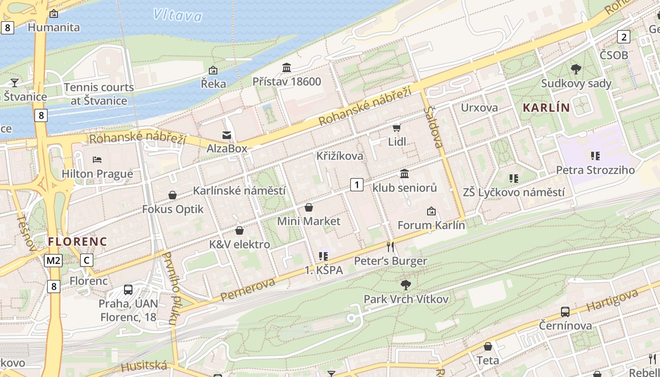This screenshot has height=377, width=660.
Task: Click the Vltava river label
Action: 178,16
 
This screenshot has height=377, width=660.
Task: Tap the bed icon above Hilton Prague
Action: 97,160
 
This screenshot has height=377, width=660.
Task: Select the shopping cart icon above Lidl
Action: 396,128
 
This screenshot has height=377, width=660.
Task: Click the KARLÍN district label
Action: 546,107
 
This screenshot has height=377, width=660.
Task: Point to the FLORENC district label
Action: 78,242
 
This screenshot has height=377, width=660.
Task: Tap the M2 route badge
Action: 54,260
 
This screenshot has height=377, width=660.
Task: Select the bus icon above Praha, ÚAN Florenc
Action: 128,289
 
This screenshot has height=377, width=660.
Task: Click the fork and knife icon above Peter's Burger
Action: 390,246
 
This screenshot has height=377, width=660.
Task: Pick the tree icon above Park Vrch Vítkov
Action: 405,285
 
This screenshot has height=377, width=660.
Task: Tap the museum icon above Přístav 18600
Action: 287,67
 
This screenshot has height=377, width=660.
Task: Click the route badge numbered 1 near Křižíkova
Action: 357,185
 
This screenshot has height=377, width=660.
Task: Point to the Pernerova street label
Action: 247,290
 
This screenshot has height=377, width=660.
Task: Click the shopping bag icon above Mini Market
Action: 309,207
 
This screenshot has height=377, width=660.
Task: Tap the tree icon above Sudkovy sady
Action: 576,69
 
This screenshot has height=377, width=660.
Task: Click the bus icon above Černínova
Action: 565,311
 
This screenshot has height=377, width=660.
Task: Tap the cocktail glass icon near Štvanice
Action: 15,82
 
